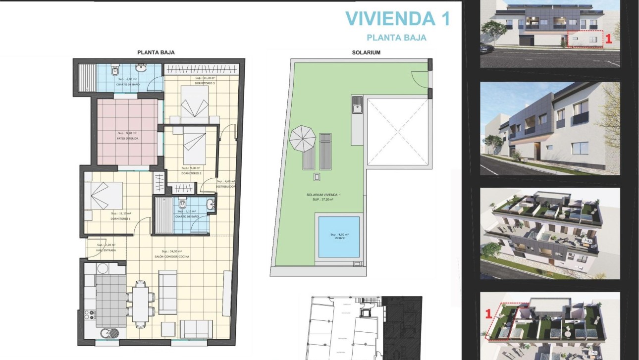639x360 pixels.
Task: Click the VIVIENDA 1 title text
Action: (397, 18)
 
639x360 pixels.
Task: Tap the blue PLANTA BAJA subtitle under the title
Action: (396, 38)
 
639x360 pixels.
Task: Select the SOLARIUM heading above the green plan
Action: (366, 52)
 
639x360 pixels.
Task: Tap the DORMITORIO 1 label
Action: (120, 218)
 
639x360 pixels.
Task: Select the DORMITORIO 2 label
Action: (191, 173)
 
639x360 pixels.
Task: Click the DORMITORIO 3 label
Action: (205, 84)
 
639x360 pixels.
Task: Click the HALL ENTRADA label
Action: (106, 251)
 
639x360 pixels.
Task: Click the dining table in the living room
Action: (140, 304)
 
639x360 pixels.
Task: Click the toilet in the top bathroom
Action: (115, 71)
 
